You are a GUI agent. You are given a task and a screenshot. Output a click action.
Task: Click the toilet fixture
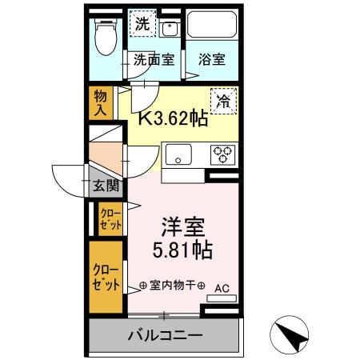[104, 36]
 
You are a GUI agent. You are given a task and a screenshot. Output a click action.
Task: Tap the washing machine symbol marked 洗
[141, 25]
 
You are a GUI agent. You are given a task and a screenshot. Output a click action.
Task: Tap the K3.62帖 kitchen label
[174, 120]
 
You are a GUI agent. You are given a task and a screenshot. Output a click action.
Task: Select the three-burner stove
[221, 153]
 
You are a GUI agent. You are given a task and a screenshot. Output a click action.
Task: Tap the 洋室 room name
[182, 224]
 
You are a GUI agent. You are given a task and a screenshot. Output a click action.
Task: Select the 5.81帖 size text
[182, 250]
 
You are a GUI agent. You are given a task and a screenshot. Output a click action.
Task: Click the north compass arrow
[291, 332]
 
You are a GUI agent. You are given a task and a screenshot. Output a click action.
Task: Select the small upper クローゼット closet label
[110, 218]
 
